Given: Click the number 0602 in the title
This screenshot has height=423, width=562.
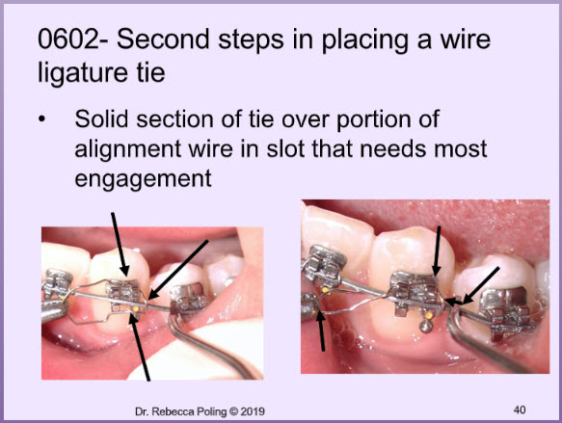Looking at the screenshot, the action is [x=69, y=40].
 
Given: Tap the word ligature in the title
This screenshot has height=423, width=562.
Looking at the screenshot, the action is [x=83, y=73].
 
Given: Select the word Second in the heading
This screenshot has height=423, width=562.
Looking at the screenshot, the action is [x=163, y=40].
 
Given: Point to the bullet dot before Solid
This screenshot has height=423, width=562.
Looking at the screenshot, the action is [x=42, y=119].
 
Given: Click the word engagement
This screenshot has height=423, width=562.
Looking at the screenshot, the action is [x=143, y=179].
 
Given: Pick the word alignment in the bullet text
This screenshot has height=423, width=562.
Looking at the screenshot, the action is [x=127, y=149].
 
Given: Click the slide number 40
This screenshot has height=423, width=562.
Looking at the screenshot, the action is [x=520, y=410].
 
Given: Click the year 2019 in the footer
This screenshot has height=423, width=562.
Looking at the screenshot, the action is [x=253, y=411].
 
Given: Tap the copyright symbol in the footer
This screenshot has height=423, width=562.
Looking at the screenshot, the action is [x=233, y=411].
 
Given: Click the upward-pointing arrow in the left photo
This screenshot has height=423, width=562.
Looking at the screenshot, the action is [x=140, y=346].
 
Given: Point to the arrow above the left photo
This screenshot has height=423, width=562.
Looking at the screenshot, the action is [x=120, y=245].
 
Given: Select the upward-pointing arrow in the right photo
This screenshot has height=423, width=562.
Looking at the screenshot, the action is [x=322, y=330].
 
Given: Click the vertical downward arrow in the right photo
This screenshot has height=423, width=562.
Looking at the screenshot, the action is [x=437, y=251].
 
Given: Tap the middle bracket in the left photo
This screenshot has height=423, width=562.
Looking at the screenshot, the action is [x=125, y=296].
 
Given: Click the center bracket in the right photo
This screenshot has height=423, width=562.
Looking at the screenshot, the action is [x=416, y=293].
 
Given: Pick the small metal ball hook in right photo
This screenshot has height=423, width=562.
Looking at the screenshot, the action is [x=425, y=326].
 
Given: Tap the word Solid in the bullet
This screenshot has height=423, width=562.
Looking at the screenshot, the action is [x=101, y=119].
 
